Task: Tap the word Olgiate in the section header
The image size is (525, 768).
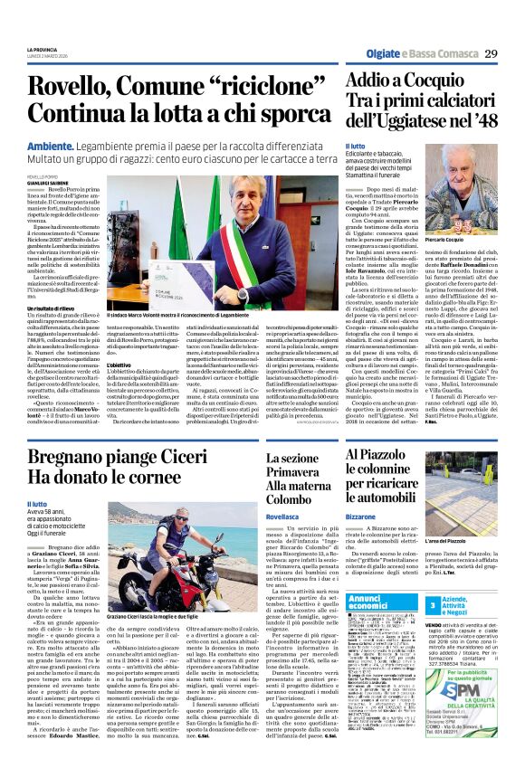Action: point(365,54)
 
